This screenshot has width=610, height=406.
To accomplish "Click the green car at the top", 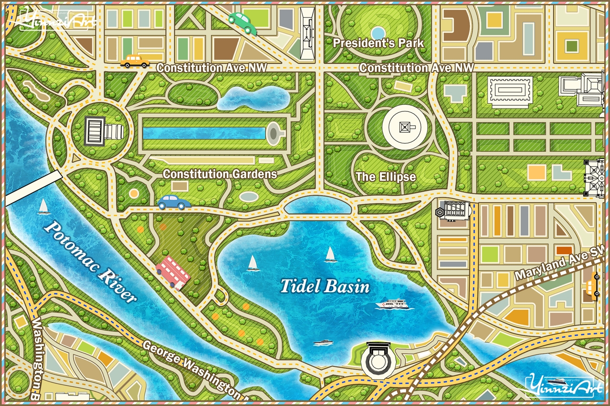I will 243,23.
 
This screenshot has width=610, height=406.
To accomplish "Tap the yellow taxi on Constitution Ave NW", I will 134,61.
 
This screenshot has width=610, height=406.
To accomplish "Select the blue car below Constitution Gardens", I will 174,202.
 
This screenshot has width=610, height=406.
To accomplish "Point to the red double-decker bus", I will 173,272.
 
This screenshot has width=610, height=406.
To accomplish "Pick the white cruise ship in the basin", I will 393,303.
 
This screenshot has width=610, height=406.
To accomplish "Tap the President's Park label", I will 378,43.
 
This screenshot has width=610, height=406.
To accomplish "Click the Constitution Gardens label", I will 220,174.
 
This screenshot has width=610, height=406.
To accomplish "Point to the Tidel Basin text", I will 325,287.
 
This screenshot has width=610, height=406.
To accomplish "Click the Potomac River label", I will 91,261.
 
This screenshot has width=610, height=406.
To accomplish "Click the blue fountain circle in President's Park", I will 378,33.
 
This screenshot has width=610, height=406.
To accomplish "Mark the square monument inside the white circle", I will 405,127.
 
